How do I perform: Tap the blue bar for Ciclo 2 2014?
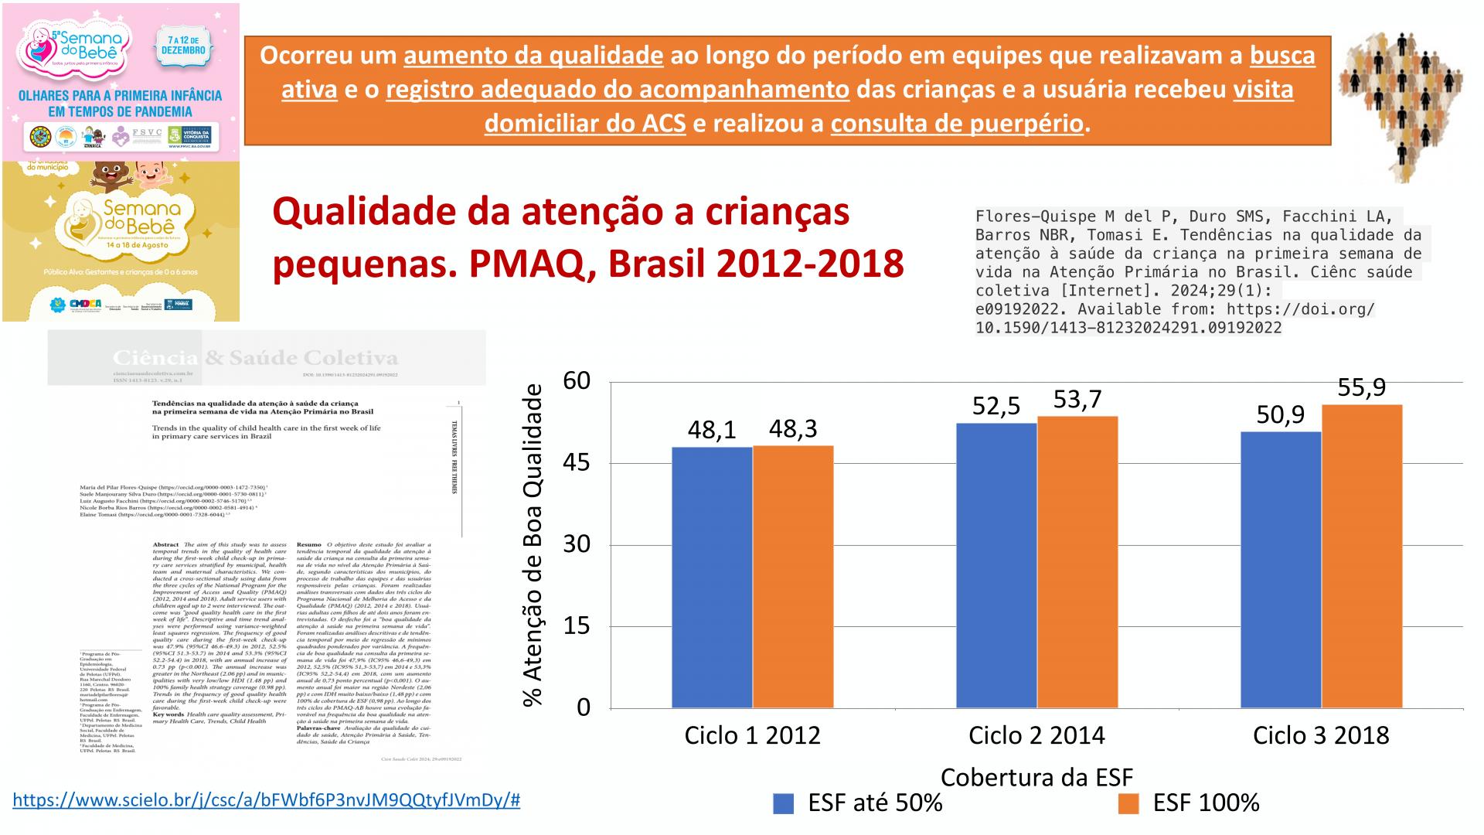coord(996,565)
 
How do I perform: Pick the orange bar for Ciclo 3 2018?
coord(1362,556)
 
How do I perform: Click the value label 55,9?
coord(1362,387)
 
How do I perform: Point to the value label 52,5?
coord(996,406)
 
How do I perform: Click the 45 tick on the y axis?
coord(577,463)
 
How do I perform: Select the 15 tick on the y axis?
coord(577,625)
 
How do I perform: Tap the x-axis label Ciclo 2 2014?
coord(1036,735)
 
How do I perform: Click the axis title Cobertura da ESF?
coord(1036,777)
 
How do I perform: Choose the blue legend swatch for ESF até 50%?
coord(783,804)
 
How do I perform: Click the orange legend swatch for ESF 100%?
coord(1128,804)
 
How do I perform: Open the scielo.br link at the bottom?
coord(267,800)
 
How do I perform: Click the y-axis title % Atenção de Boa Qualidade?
coord(533,544)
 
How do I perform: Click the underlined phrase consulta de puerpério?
coord(957,124)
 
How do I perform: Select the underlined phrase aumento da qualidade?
coord(533,56)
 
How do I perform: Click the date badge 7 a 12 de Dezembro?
coord(183,45)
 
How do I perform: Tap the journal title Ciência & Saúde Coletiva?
coord(255,358)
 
